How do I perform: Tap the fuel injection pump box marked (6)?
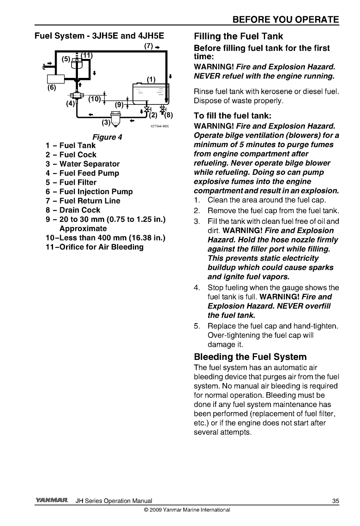pyautogui.click(x=56, y=79)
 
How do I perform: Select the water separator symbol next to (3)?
pyautogui.click(x=116, y=117)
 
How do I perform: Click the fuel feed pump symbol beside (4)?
pyautogui.click(x=77, y=95)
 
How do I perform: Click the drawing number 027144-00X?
pyautogui.click(x=160, y=127)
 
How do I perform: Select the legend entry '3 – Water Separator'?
pyautogui.click(x=83, y=164)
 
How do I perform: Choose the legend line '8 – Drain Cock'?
pyautogui.click(x=73, y=210)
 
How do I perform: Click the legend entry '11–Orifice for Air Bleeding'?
pyautogui.click(x=95, y=247)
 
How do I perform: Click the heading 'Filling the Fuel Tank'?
pyautogui.click(x=239, y=36)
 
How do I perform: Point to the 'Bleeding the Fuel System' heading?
pyautogui.click(x=250, y=357)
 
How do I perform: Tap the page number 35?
pyautogui.click(x=335, y=501)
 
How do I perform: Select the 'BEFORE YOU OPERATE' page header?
pyautogui.click(x=286, y=20)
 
